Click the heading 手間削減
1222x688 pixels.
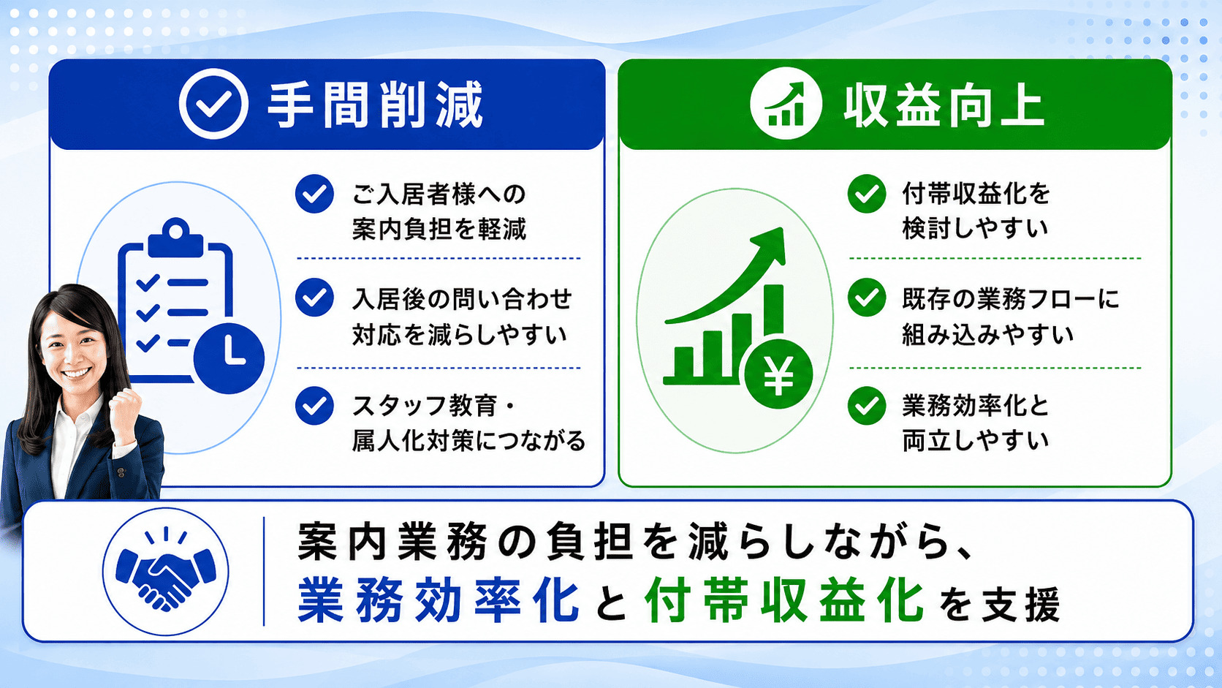point(376,105)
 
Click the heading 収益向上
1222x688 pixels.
point(944,105)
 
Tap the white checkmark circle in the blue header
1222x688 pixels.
point(213,103)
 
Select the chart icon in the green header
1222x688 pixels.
point(786,103)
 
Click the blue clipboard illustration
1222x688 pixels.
point(175,300)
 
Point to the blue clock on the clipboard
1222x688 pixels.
point(229,358)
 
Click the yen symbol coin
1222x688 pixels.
point(778,374)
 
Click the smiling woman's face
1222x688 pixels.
point(73,349)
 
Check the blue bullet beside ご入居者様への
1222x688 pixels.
point(315,194)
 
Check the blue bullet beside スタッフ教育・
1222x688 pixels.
point(315,405)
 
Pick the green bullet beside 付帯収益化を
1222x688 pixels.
point(867,194)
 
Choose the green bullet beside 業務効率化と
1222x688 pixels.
point(867,405)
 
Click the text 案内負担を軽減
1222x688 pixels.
point(439,229)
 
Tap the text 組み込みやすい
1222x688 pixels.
point(988,334)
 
